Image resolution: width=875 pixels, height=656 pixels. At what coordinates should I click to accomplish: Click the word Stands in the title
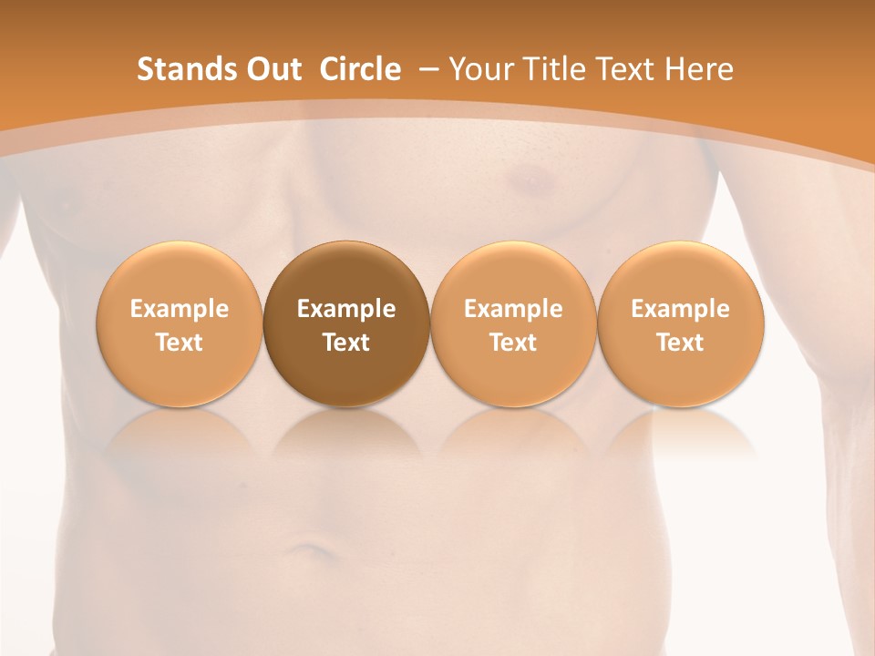coord(185,69)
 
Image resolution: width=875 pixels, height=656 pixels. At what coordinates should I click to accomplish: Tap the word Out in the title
coord(272,69)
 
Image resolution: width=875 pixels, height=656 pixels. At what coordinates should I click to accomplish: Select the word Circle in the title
coord(360,69)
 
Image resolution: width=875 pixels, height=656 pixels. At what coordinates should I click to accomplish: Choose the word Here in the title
coord(698,69)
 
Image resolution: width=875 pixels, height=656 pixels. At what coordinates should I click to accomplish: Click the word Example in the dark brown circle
coord(346,309)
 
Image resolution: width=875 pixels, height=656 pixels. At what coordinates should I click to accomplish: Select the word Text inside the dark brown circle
coord(346,343)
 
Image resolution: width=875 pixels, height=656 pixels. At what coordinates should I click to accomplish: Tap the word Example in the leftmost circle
coord(180,309)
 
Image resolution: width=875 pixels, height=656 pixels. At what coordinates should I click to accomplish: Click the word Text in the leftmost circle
coord(180,343)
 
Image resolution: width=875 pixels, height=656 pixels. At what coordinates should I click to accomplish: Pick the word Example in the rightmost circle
coord(680,309)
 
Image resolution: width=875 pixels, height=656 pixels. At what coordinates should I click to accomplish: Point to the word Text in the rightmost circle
coord(680,343)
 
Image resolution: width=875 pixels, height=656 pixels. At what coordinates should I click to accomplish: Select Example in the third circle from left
coord(513,309)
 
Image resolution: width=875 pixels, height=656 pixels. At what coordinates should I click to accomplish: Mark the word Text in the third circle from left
coord(513,343)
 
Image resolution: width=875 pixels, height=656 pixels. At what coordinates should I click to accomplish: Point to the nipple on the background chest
coord(528,183)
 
